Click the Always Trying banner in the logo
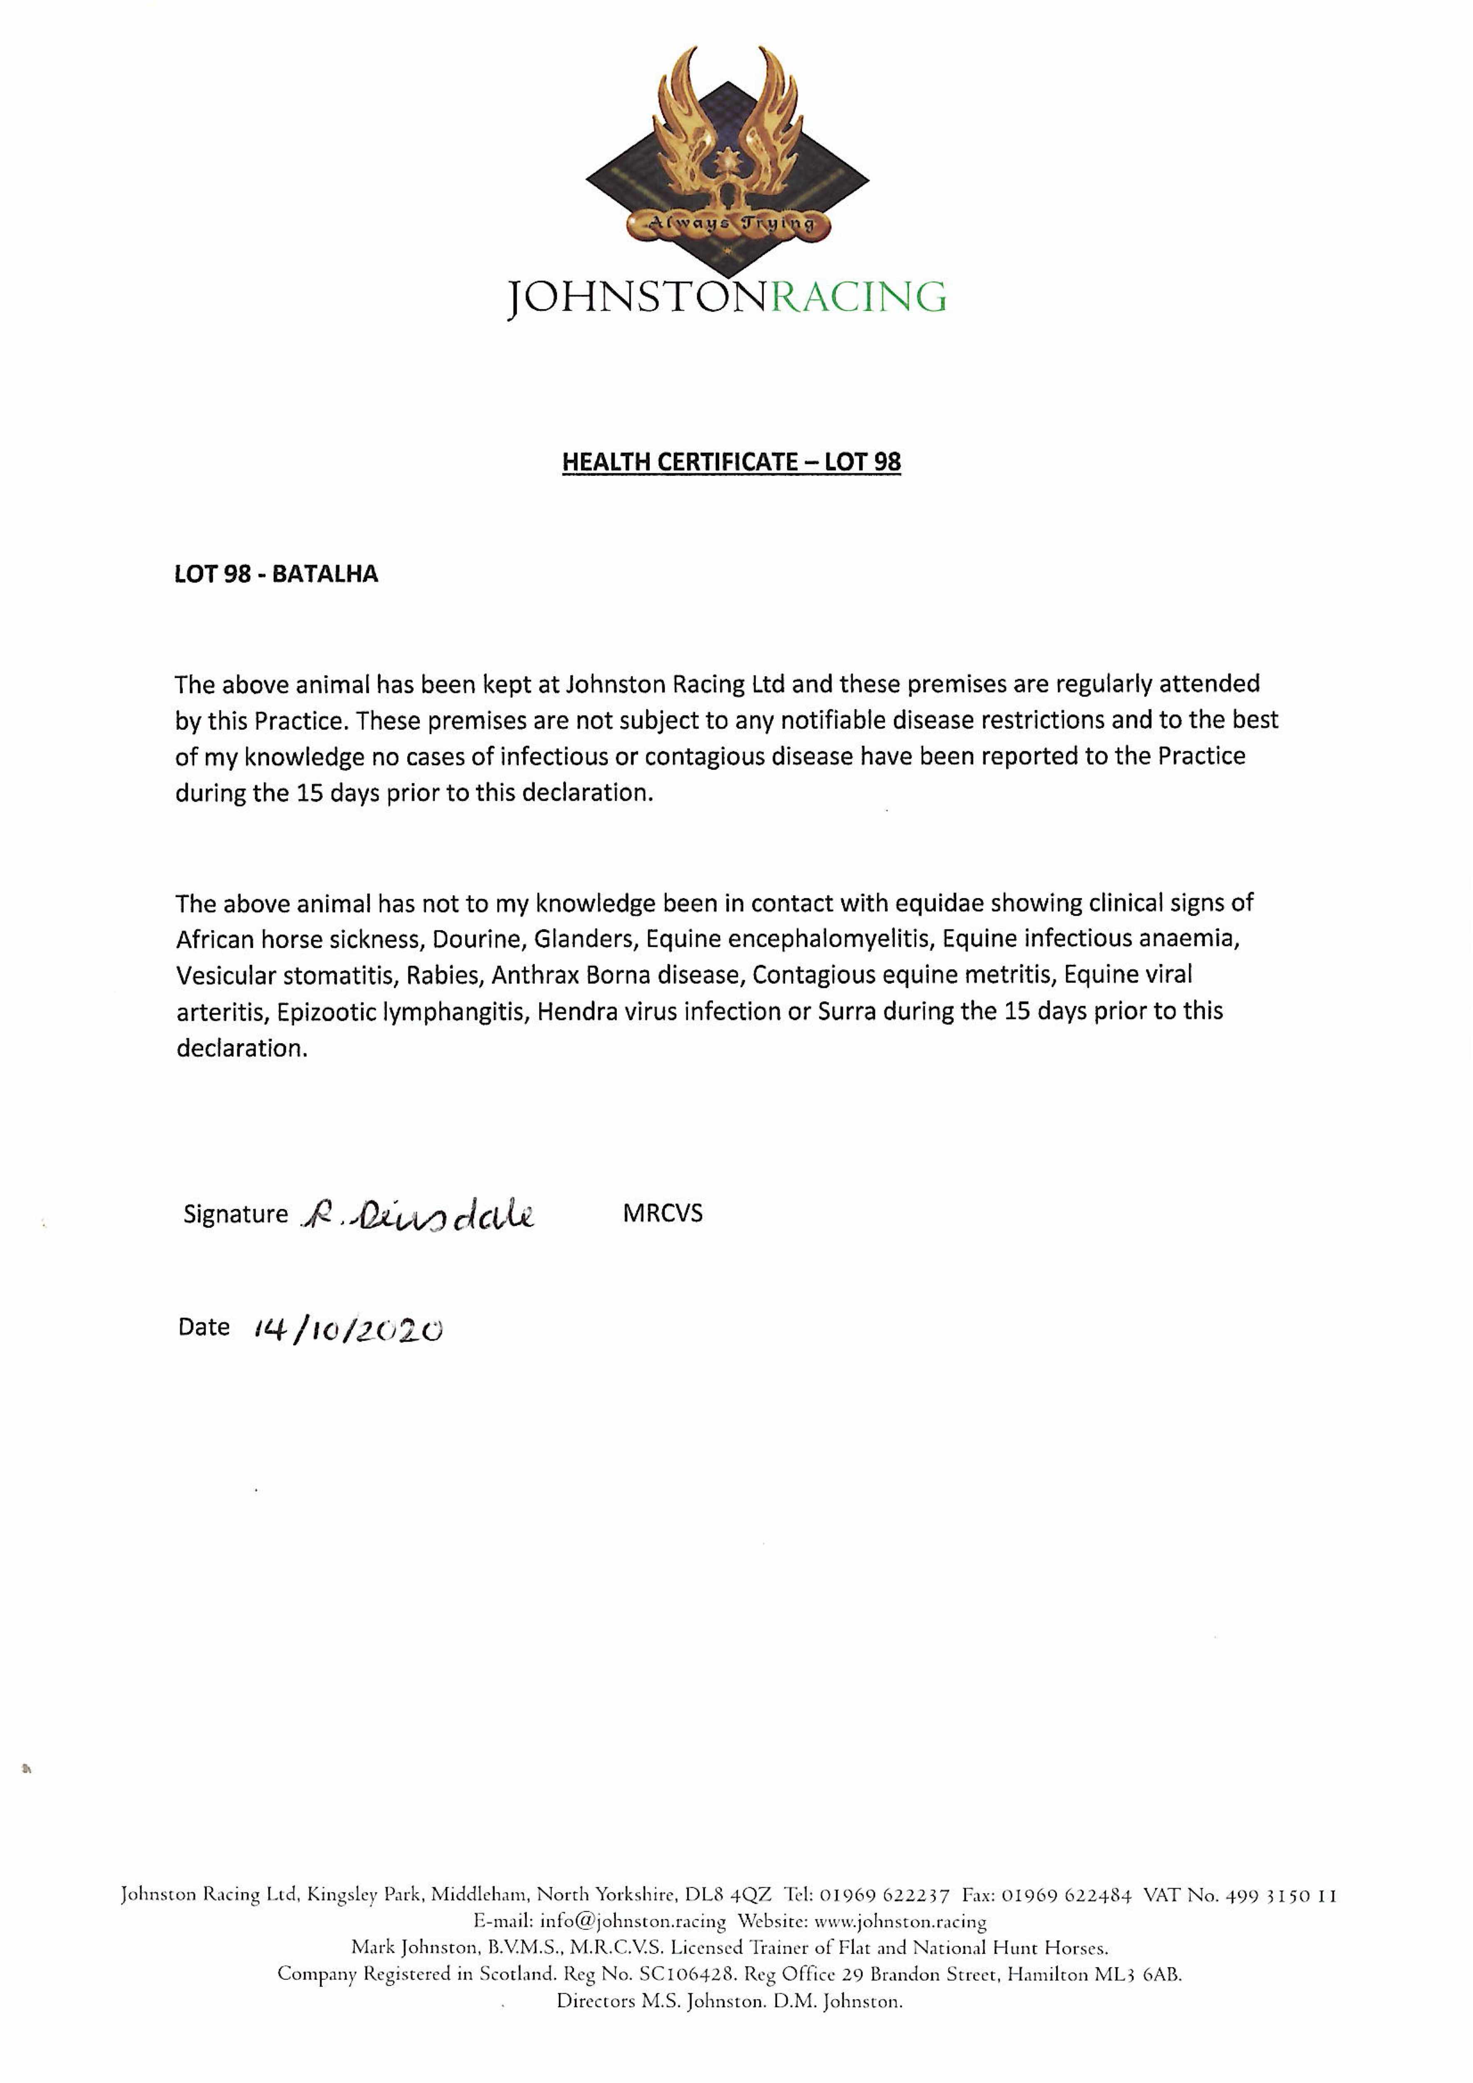point(730,222)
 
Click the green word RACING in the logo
point(857,297)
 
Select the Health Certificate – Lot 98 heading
point(731,462)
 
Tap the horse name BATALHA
point(325,574)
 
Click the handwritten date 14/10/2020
point(349,1330)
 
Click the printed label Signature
point(235,1215)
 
